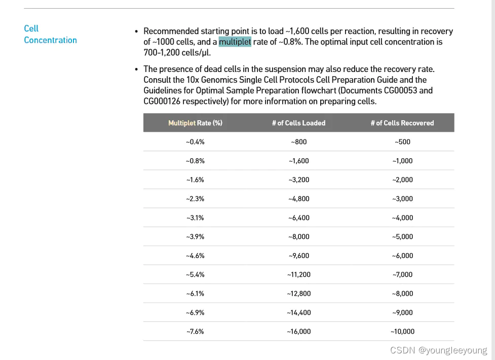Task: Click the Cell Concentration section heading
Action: [50, 34]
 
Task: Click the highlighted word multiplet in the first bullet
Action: [235, 42]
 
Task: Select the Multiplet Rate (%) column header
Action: [195, 123]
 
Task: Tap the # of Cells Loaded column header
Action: [298, 123]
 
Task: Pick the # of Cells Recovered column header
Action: [402, 123]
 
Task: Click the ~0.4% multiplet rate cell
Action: [195, 142]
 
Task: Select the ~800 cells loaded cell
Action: [298, 142]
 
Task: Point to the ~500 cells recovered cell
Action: [402, 142]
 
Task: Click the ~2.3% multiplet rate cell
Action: [195, 199]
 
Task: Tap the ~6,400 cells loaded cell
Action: [298, 218]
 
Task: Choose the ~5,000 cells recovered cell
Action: [402, 237]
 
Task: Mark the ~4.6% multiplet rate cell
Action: [195, 256]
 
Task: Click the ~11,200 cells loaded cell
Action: [298, 275]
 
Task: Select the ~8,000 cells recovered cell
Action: [402, 294]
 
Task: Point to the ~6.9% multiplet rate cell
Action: [195, 312]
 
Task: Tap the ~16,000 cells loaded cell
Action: [298, 332]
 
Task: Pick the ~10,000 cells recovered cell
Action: [402, 332]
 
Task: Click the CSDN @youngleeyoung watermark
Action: [439, 350]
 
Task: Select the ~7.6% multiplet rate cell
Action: [195, 332]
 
